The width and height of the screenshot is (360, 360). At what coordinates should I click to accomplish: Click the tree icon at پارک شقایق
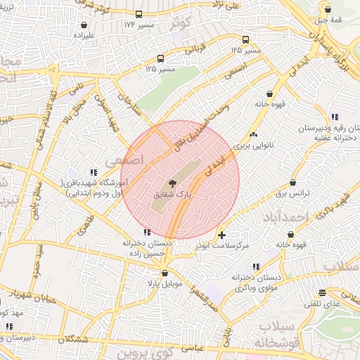pyautogui.click(x=173, y=183)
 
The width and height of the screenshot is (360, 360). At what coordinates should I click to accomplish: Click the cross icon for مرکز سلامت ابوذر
pyautogui.click(x=222, y=234)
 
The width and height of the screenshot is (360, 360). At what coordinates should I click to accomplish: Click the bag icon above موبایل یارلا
pyautogui.click(x=165, y=273)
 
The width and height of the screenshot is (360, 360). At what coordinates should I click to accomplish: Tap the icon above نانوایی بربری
pyautogui.click(x=253, y=134)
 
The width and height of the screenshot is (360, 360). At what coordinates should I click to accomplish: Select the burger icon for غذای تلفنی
pyautogui.click(x=322, y=292)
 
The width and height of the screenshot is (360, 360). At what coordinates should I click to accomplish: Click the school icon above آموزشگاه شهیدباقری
pyautogui.click(x=93, y=172)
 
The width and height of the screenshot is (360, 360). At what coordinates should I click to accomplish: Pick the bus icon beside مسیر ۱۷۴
pyautogui.click(x=139, y=14)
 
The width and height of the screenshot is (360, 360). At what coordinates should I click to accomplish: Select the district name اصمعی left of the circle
pyautogui.click(x=123, y=160)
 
